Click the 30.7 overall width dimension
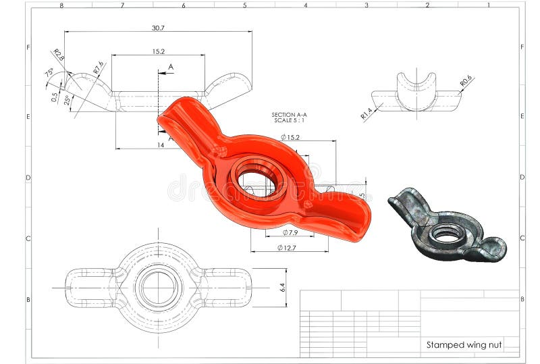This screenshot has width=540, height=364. click(158, 28)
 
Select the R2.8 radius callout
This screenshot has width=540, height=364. click(58, 55)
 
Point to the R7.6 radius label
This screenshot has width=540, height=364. click(99, 68)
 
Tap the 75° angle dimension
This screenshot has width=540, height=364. click(49, 74)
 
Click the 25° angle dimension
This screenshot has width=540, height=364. click(67, 100)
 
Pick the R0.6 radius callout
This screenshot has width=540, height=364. click(466, 82)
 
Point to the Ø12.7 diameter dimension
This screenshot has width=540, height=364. click(287, 248)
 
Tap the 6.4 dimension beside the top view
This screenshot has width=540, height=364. click(282, 288)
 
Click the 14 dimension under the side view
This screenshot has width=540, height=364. click(159, 145)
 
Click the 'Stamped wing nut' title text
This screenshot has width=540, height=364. click(464, 345)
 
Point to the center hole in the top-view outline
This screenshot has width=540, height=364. click(159, 287)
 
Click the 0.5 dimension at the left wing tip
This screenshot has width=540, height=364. click(55, 96)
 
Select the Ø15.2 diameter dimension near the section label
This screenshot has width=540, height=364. click(290, 137)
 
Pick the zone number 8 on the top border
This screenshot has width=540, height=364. click(61, 5)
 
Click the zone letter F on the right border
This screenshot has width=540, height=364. click(522, 47)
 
